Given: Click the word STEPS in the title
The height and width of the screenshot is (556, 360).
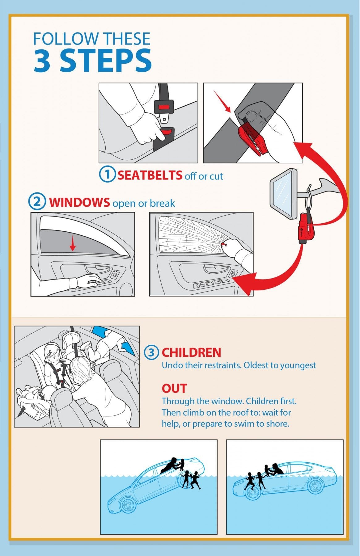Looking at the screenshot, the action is (x=106, y=61).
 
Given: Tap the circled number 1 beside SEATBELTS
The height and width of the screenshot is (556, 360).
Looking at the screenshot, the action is (x=107, y=174).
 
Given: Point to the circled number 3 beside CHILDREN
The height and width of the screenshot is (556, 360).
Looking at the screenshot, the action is (x=151, y=352).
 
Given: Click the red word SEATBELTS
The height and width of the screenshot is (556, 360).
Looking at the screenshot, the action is (x=150, y=175).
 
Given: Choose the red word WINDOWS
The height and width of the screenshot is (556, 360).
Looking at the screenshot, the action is (x=79, y=202).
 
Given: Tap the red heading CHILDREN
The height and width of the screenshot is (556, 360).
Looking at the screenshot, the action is (x=192, y=352).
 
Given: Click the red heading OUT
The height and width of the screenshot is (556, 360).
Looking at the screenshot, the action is (x=174, y=388).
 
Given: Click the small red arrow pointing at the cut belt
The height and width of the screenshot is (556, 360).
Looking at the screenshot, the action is (x=222, y=101).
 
